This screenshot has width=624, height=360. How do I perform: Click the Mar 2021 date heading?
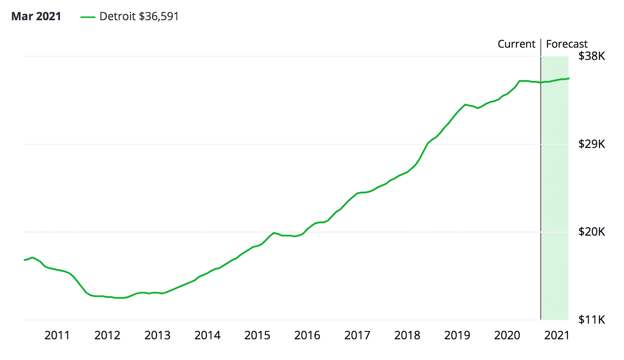36,16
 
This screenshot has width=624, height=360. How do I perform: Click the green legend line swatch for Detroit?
88,17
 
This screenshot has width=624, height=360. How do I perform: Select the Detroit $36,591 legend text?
139,16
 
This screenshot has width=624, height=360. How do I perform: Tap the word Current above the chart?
516,44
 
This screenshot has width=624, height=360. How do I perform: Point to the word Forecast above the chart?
566,44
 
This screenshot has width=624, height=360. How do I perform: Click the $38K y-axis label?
591,56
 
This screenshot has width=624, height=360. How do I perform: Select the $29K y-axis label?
591,144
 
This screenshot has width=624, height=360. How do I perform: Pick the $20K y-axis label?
591,232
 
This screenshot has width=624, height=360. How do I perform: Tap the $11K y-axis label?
591,320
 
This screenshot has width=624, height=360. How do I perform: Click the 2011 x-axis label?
57,335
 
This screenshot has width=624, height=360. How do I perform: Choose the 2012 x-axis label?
107,335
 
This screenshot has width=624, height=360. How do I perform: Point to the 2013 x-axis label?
157,335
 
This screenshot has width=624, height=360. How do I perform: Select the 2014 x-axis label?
207,335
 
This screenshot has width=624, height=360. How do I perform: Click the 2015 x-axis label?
257,335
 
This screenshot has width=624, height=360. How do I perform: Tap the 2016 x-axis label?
307,335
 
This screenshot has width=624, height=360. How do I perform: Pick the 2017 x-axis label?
357,335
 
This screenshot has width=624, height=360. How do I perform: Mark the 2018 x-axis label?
407,335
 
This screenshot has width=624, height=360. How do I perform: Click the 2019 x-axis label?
457,335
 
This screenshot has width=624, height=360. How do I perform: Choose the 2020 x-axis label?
507,335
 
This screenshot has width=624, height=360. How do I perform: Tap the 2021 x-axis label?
556,335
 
